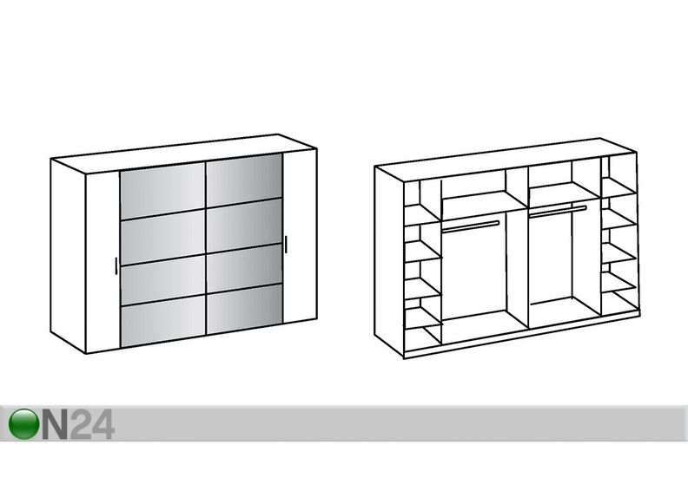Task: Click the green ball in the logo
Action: (23, 423)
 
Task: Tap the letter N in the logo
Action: (55, 424)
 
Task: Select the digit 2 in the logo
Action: (80, 424)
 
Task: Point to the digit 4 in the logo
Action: (103, 424)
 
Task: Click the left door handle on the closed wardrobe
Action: (116, 265)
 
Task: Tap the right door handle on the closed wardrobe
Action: (286, 244)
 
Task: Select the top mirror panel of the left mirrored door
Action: (162, 191)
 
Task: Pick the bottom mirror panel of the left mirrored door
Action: (162, 319)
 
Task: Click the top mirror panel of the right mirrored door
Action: (244, 180)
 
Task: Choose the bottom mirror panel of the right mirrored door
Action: (244, 307)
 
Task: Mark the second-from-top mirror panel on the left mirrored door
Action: (162, 237)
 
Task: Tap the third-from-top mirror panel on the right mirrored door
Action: (244, 267)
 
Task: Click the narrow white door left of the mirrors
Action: (103, 261)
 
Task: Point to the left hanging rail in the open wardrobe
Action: (470, 226)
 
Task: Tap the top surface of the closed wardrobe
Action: (183, 154)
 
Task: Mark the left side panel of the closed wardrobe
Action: (68, 255)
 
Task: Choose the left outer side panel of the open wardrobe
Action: (389, 260)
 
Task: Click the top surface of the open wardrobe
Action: (506, 160)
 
